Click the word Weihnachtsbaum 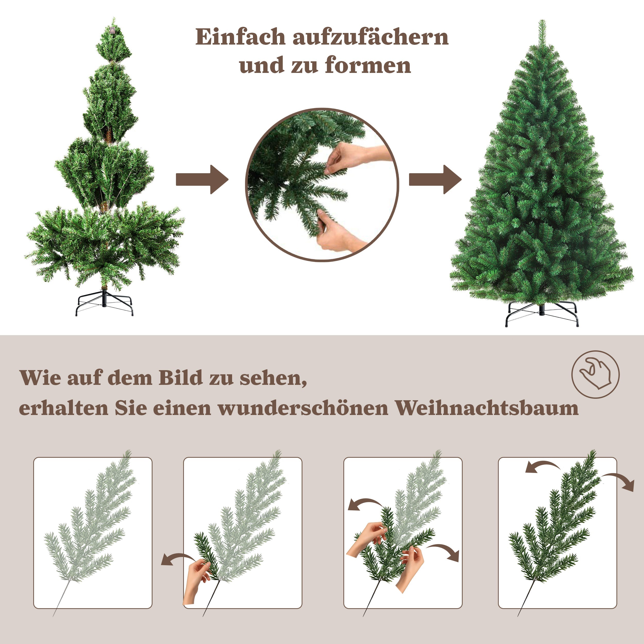point(487,408)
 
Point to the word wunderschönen point(303,408)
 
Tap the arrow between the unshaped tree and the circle point(202,179)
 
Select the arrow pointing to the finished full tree point(435,179)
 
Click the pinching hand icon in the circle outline point(595,374)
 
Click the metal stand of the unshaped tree point(104,303)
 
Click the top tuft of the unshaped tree point(114,42)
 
